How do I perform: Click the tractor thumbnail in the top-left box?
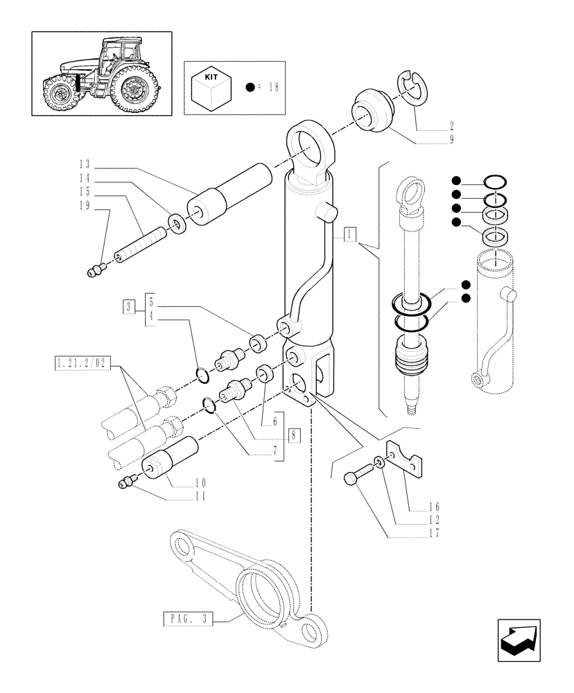[x=101, y=73]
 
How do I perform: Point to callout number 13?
[x=85, y=164]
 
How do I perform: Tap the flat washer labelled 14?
[x=177, y=224]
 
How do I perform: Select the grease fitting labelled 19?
[x=96, y=271]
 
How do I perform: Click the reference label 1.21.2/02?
[x=82, y=362]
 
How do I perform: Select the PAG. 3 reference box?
[x=188, y=618]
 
